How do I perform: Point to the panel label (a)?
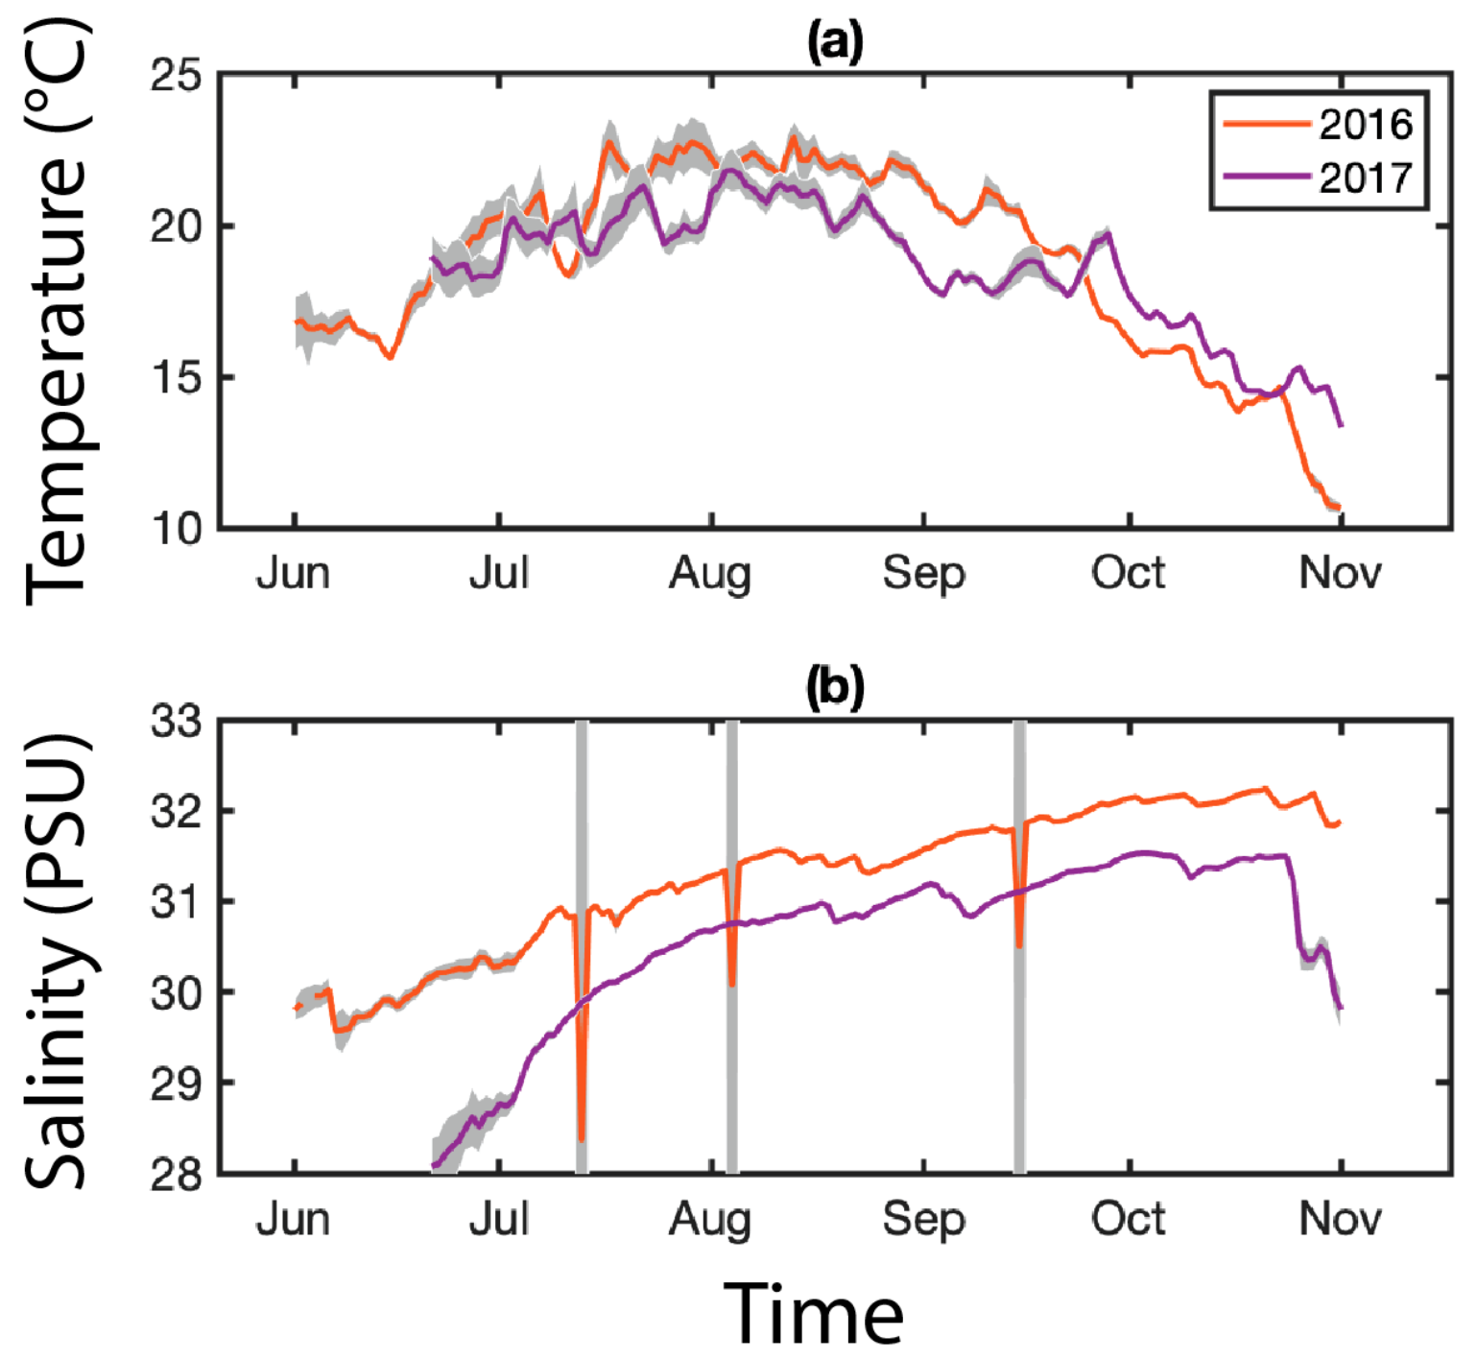835,43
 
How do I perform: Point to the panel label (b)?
835,688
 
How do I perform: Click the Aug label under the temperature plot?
710,574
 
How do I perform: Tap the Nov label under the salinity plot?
1340,1220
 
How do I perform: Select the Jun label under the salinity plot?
293,1220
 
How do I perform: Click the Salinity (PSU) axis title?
58,960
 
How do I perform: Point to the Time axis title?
813,1314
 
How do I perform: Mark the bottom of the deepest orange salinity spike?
582,1139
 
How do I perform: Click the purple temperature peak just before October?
1108,233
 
